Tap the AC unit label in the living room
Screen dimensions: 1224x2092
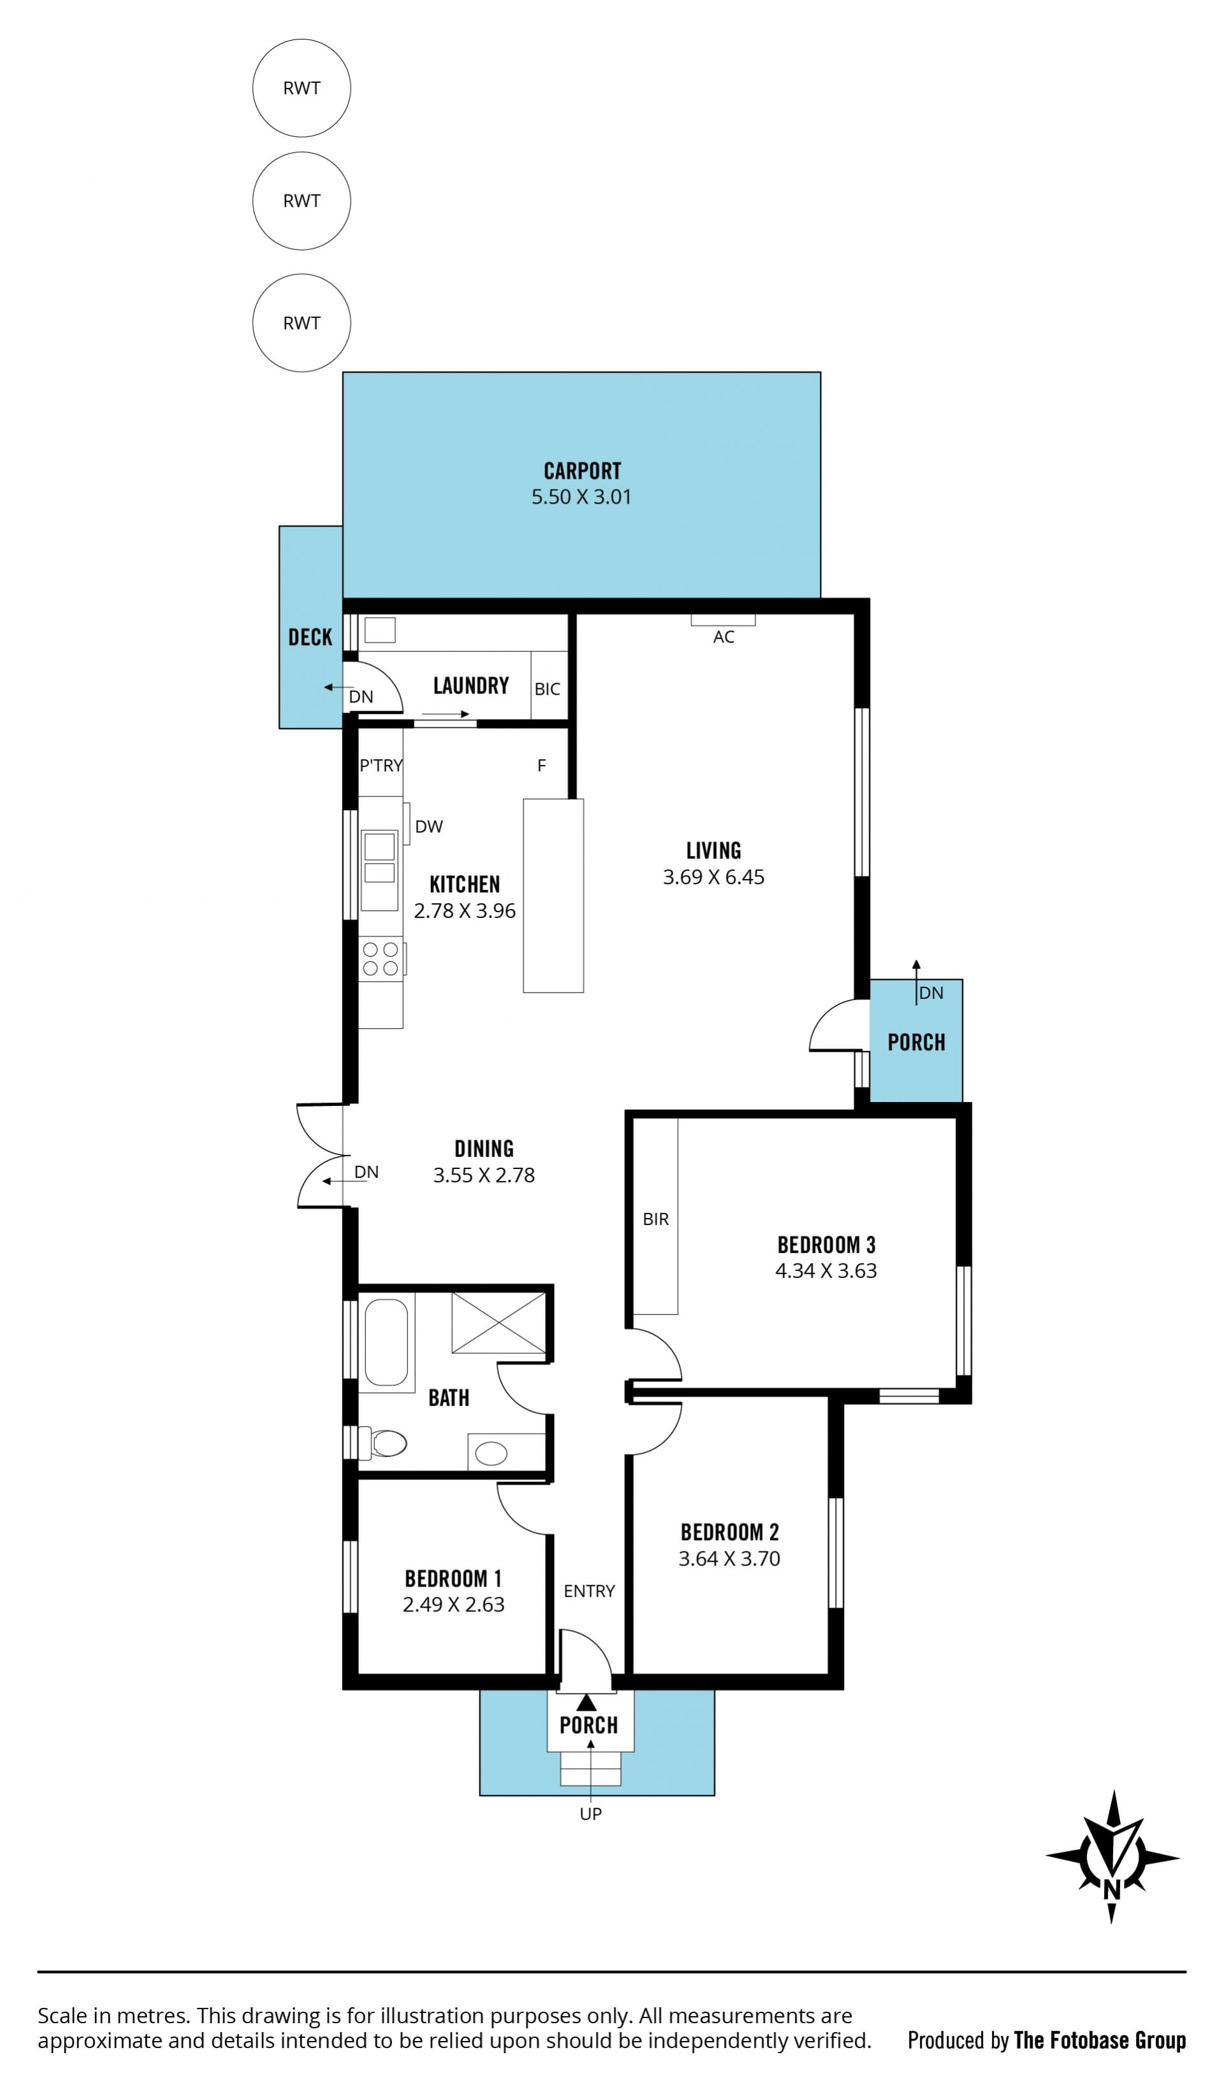coord(724,637)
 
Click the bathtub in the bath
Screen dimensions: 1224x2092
coord(386,1342)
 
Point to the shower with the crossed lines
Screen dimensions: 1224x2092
coord(499,1323)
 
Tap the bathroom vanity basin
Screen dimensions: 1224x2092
coord(491,1453)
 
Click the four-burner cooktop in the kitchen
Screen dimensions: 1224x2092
coord(381,959)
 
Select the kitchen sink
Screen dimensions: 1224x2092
coord(379,859)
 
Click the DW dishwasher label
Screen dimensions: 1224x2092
coord(428,826)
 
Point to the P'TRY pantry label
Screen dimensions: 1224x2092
coord(381,766)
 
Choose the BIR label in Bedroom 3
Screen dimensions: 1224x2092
coord(655,1219)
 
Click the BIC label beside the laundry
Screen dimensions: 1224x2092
coord(547,689)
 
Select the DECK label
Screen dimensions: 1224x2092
coord(310,637)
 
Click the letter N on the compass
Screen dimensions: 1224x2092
coord(1111,1891)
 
